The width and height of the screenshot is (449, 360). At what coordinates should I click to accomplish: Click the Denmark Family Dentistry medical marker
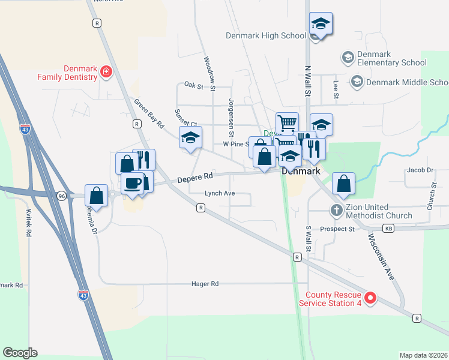[106, 73]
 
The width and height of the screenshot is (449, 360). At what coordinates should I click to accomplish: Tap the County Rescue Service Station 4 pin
[370, 298]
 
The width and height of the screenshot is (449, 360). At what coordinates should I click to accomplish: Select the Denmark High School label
[266, 35]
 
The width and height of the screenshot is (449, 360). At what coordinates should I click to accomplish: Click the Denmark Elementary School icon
[348, 58]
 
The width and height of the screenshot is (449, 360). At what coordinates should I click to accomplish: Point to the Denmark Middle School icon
[357, 82]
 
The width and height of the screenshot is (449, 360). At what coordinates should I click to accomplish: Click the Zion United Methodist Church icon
[336, 211]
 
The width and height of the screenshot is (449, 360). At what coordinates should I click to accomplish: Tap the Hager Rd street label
[205, 283]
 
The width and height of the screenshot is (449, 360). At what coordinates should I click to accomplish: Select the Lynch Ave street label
[220, 193]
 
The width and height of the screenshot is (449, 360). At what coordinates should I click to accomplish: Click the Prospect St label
[338, 229]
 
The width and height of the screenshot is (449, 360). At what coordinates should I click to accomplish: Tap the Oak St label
[194, 86]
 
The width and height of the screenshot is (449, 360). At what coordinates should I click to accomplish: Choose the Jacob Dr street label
[420, 170]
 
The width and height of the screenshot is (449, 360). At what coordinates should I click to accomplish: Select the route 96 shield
[62, 196]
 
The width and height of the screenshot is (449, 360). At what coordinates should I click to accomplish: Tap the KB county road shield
[389, 229]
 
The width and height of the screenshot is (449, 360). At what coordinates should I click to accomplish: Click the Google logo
[20, 353]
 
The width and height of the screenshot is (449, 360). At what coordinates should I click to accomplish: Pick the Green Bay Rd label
[149, 114]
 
